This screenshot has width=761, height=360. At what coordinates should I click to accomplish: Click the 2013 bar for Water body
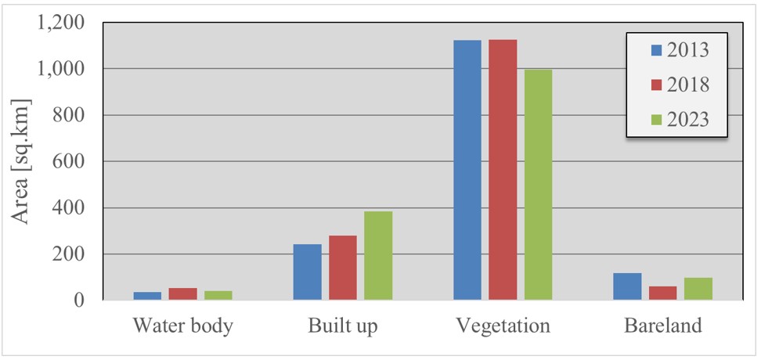coord(147,296)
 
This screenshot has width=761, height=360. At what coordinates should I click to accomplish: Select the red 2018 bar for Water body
coord(183,294)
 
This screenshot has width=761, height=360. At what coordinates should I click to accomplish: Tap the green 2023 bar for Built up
coord(379,256)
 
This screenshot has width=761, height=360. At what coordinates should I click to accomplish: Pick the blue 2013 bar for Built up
coord(307,272)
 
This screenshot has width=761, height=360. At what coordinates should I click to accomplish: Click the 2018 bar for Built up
coord(343,268)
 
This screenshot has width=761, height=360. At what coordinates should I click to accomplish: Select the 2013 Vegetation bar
coord(467,171)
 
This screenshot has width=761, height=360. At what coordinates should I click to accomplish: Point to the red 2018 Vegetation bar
coord(503,170)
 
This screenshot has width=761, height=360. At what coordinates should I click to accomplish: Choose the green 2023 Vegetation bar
coord(538,185)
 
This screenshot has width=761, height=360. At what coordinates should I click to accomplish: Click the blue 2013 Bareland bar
coord(627,286)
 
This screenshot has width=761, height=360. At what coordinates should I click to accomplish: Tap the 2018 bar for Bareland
coord(663,293)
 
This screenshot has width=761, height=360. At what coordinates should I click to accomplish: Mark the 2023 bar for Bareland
coord(698,289)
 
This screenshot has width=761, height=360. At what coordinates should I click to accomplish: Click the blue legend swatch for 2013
coord(655,50)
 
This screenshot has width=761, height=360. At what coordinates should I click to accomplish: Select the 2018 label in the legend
coord(688,85)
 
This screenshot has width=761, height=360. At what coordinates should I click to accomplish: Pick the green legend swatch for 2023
coord(655,120)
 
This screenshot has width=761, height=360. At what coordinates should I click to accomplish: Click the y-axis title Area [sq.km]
coord(20,161)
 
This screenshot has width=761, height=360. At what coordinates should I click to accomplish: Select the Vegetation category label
coord(503,326)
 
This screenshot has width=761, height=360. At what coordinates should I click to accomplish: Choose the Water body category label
coord(183,326)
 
